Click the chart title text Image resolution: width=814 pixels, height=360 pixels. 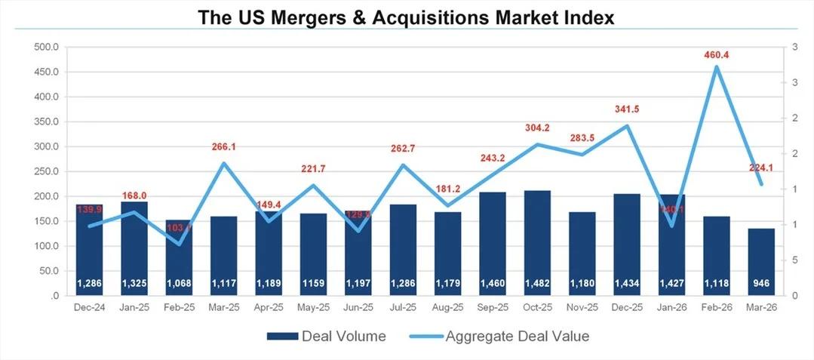[x=407, y=17]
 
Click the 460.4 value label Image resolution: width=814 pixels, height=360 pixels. [x=716, y=55]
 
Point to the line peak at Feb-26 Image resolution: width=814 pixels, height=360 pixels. [x=716, y=67]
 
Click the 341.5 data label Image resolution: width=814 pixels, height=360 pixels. [x=627, y=109]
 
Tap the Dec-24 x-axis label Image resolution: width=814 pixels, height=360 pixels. [x=89, y=308]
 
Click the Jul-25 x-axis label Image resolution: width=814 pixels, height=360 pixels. [x=403, y=308]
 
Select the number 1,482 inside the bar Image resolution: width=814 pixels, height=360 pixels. [x=537, y=284]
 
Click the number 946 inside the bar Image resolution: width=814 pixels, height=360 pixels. [x=761, y=284]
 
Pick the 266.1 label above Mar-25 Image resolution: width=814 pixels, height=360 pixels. [x=223, y=147]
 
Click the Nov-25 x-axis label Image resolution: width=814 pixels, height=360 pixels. [x=582, y=308]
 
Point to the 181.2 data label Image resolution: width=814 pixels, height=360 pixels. [x=448, y=189]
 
